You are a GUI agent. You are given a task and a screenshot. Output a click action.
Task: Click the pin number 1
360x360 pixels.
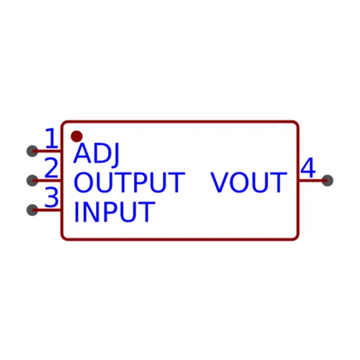(52, 138)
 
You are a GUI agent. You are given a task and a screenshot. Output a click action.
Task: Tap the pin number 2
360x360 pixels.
(51, 168)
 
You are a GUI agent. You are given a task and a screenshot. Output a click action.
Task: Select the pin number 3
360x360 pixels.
(52, 197)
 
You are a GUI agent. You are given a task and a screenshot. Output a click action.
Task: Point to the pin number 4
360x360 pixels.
(308, 168)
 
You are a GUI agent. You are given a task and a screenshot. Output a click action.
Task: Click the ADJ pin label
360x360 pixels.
(96, 153)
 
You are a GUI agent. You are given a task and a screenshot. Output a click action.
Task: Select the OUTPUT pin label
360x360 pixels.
(129, 183)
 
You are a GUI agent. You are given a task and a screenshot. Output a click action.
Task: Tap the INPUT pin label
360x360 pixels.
(115, 211)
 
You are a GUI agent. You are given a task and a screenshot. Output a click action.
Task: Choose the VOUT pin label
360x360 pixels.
(249, 183)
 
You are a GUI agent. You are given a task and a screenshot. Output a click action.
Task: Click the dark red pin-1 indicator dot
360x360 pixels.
(77, 137)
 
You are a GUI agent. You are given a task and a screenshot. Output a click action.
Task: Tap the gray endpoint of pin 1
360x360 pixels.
(32, 151)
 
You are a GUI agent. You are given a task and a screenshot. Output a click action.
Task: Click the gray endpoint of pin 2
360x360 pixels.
(32, 181)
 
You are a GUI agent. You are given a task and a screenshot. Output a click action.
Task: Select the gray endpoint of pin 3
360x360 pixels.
(32, 210)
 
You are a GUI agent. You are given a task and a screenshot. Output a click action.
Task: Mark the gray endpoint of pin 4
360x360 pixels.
(327, 181)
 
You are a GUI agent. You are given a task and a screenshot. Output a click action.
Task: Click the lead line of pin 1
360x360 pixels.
(47, 151)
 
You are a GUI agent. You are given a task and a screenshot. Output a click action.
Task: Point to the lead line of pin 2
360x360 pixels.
(47, 181)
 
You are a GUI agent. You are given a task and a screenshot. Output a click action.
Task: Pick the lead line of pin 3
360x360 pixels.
(47, 210)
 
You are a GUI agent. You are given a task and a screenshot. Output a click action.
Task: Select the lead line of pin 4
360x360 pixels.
(313, 181)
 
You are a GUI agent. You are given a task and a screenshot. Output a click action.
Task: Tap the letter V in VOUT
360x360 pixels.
(219, 183)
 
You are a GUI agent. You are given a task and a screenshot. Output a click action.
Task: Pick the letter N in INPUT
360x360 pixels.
(90, 211)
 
